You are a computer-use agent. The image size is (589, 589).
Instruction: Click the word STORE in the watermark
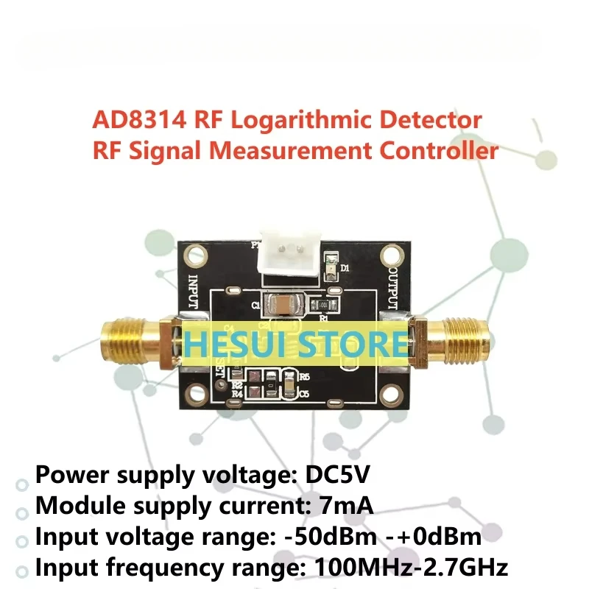(x=357, y=343)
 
